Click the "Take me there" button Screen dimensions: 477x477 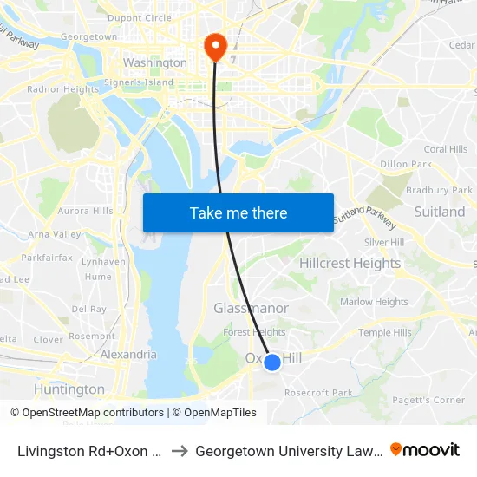(x=238, y=213)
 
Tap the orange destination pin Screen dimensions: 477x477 (x=214, y=47)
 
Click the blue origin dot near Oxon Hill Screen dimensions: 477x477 (x=272, y=362)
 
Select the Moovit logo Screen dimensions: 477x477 (x=425, y=450)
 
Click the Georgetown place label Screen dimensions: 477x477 (x=89, y=37)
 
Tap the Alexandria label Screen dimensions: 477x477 (x=128, y=354)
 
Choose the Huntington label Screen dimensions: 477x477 (x=69, y=389)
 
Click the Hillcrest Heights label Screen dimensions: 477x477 (x=350, y=263)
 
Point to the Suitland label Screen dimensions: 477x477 (x=440, y=212)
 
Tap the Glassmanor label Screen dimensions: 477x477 (x=251, y=308)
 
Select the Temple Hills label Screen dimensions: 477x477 (x=384, y=332)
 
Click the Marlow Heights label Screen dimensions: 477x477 (x=374, y=302)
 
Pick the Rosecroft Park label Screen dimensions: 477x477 (x=319, y=393)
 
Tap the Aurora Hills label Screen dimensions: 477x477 (x=85, y=211)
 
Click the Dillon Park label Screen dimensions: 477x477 (x=406, y=164)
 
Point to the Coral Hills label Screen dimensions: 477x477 (x=446, y=149)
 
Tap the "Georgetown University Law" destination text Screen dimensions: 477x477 (x=289, y=450)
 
